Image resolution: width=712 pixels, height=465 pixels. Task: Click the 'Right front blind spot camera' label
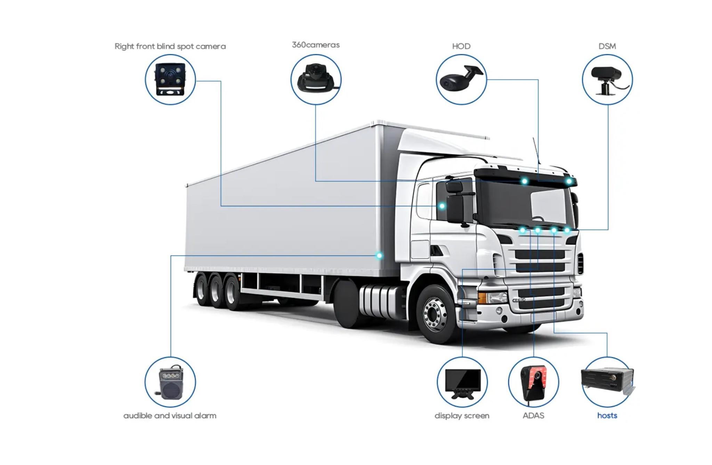coord(170,46)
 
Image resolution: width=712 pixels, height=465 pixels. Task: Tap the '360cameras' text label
coord(316,45)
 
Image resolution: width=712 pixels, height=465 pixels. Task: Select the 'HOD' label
coord(461,46)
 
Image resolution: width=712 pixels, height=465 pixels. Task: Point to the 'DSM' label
coord(607,46)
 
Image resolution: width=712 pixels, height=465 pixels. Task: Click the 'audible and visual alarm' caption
coord(170,416)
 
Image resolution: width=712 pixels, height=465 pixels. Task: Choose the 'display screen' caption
coord(462,416)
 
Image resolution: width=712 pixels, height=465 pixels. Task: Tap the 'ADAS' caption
coord(533,416)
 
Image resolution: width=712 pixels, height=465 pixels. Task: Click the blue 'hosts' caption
coord(607,416)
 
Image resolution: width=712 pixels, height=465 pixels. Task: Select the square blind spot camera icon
coord(170,80)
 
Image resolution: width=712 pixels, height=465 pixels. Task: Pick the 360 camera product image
coord(316,78)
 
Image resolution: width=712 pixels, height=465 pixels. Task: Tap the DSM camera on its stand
coord(607,80)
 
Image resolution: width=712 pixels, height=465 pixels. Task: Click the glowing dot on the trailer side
coord(379,256)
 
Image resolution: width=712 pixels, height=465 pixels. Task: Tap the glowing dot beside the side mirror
coord(442,206)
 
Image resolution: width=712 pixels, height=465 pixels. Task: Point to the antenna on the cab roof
coord(536,150)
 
